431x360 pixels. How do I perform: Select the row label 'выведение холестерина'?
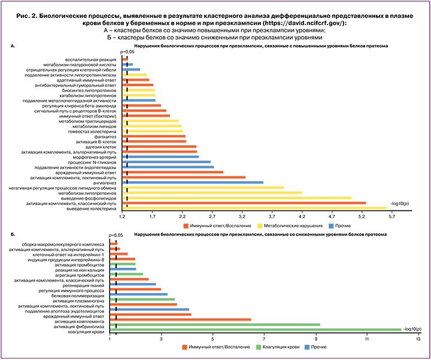click(x=94, y=208)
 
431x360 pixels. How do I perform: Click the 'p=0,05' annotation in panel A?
click(x=126, y=53)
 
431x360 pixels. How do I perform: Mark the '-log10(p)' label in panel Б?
click(x=413, y=328)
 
